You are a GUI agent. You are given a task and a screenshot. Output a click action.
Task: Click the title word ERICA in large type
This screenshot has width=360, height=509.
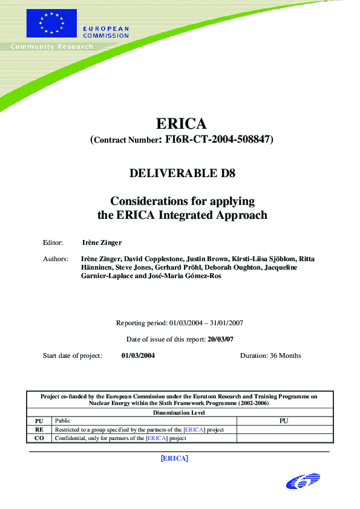coord(182,124)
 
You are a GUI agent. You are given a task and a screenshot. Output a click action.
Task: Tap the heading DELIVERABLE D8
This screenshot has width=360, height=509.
coord(182,173)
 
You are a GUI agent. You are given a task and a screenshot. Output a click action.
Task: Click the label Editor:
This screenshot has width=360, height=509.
coord(53,242)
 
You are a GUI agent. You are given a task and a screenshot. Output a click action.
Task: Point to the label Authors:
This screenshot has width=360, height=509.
coord(55,259)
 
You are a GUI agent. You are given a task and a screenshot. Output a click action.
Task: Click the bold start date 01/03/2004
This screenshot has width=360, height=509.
coord(138,355)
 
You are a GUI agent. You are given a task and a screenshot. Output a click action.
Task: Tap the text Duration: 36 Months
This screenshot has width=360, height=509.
coord(270,355)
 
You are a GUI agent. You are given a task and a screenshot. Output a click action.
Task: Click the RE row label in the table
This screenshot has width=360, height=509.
coord(39,429)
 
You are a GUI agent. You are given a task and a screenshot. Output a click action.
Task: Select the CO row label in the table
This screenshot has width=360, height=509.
coord(39,438)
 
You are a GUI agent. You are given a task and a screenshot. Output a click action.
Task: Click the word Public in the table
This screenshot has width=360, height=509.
coord(62,420)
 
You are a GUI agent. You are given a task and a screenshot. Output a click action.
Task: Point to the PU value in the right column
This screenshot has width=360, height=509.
coord(283,420)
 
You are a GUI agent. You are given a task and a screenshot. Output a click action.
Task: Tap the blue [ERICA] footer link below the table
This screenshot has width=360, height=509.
coord(174,458)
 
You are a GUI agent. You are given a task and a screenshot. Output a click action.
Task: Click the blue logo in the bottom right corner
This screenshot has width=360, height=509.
coord(303,481)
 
